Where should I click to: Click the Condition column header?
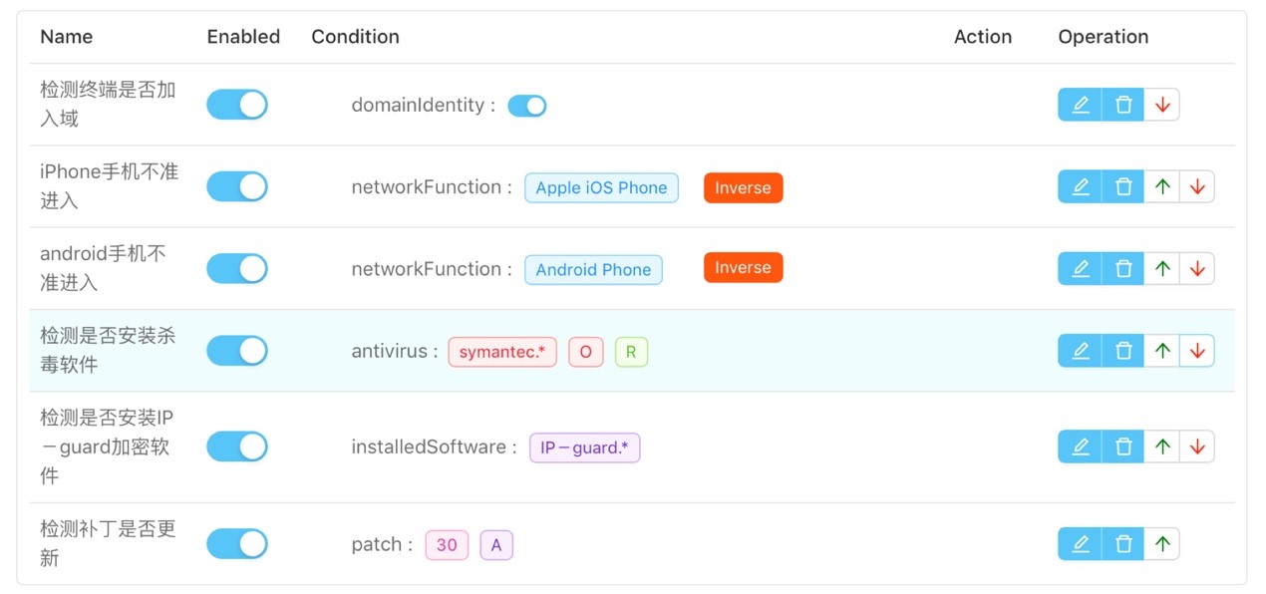[x=355, y=37]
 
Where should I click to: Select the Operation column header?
[x=1103, y=37]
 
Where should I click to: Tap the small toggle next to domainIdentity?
[x=526, y=106]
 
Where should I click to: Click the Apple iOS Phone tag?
[x=601, y=187]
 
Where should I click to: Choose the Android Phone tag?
[x=593, y=269]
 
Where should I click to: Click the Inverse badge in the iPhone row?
[x=744, y=187]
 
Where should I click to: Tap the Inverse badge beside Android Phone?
[x=744, y=267]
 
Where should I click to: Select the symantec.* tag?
[x=501, y=352]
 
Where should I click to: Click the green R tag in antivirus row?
[x=631, y=352]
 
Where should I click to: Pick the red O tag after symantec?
[x=585, y=352]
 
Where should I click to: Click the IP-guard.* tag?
[x=584, y=447]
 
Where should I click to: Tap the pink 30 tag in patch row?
[x=447, y=545]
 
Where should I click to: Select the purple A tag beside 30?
[x=496, y=545]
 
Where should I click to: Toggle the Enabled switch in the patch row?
[x=237, y=544]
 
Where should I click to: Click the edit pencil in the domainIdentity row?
[x=1080, y=105]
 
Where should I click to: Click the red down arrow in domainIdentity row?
[x=1162, y=105]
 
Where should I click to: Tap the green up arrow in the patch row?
[x=1162, y=544]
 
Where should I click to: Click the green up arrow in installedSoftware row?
[x=1162, y=446]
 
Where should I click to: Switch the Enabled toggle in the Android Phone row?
[x=237, y=268]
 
